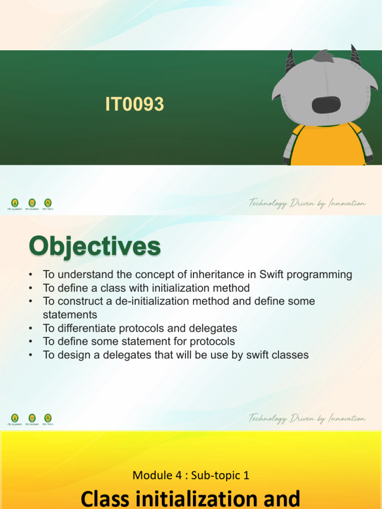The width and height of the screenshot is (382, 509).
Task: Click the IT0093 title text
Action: tap(134, 105)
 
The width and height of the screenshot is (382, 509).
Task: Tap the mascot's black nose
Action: tap(326, 104)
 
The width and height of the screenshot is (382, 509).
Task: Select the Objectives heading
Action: tap(95, 247)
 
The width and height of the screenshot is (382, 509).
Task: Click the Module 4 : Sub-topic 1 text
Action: tap(191, 475)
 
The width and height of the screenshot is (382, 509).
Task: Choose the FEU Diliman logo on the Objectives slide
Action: tap(32, 419)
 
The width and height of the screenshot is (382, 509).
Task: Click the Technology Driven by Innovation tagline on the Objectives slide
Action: tap(307, 419)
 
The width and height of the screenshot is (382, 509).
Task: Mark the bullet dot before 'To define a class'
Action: tap(31, 288)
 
